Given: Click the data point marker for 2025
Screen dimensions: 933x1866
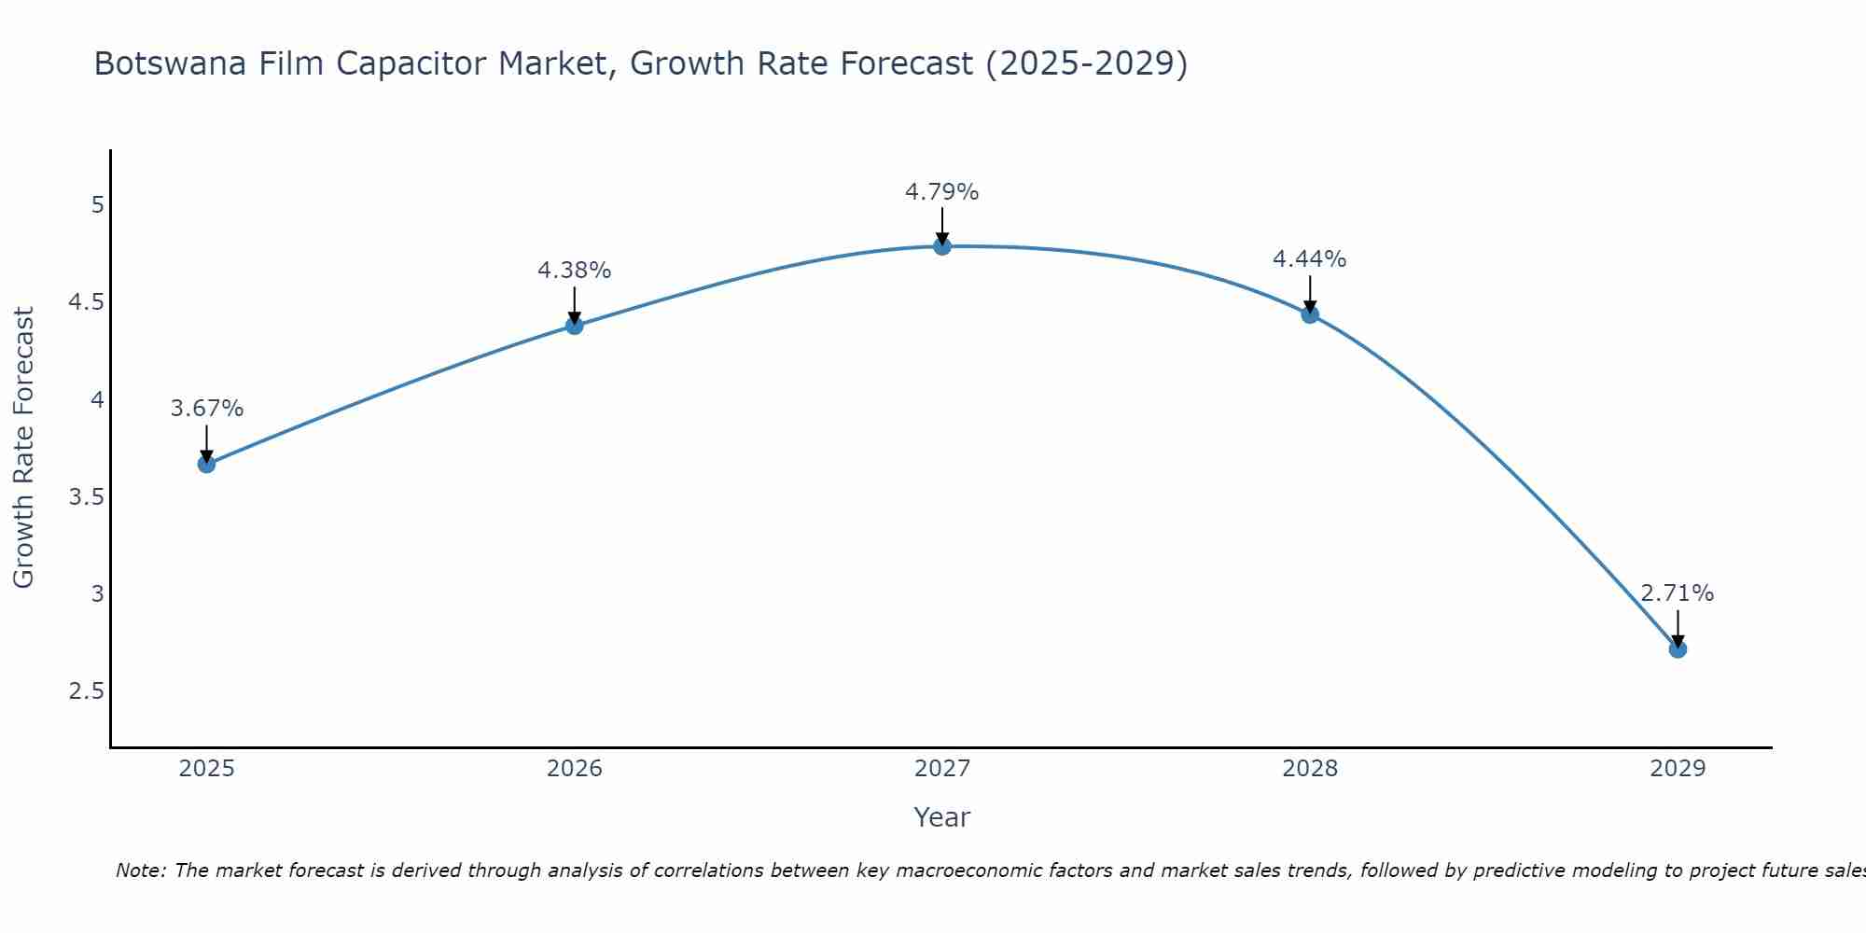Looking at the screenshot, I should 207,464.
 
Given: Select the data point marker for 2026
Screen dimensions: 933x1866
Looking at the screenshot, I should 575,326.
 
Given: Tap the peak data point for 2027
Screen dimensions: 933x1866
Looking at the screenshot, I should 942,246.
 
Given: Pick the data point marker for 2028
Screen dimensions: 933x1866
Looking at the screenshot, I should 1310,314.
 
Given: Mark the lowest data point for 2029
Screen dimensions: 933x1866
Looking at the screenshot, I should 1678,648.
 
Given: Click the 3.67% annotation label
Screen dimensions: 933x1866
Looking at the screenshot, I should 207,409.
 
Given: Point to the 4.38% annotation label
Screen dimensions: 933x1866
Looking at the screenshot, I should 575,271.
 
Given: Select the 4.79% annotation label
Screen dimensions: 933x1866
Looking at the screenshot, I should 942,192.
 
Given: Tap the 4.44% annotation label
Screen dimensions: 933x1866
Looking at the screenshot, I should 1310,259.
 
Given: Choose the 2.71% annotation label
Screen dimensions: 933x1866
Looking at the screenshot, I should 1678,593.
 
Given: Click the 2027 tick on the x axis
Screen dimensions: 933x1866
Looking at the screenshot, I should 942,769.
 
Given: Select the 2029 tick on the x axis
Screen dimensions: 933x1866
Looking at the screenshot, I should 1678,769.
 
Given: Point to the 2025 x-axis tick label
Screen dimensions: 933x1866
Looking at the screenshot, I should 207,769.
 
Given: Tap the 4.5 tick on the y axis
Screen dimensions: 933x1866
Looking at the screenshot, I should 86,302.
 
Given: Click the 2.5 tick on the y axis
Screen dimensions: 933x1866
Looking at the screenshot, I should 86,691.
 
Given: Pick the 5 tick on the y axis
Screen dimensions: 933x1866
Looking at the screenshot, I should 97,205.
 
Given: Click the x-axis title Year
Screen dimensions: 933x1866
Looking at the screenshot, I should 942,817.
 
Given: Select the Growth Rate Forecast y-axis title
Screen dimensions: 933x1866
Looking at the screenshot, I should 24,448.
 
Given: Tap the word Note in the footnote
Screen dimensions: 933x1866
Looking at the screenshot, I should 140,870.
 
